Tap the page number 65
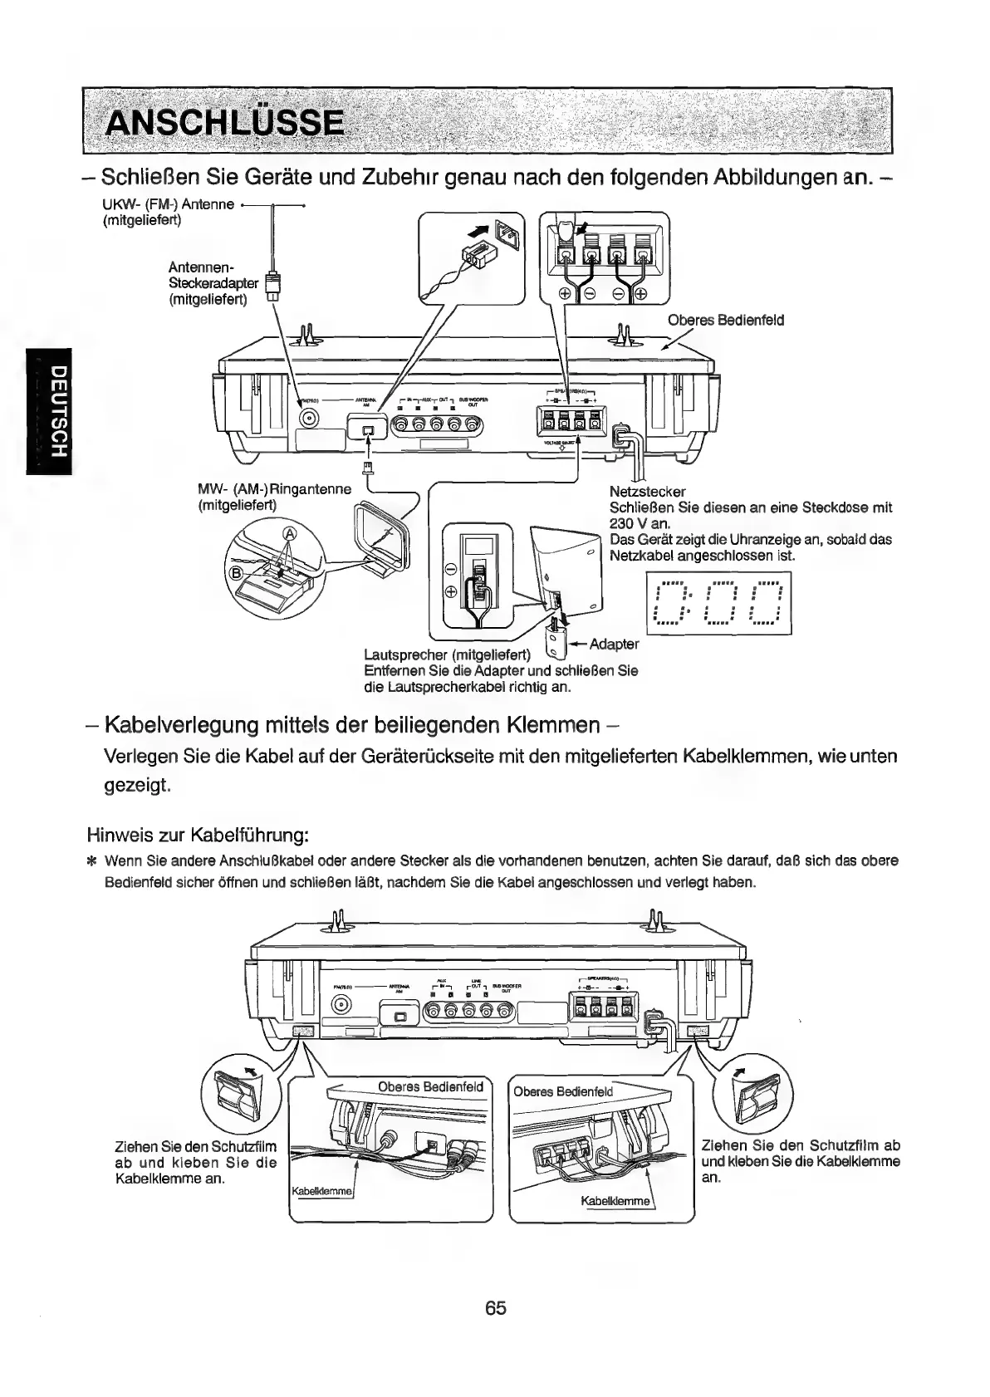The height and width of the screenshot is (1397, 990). coord(496,1307)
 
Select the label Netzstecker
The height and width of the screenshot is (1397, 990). coord(647,492)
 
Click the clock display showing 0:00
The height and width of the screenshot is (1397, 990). coord(718,605)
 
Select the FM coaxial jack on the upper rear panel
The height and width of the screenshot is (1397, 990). coord(311,419)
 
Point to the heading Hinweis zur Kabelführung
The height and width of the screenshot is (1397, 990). coord(198,834)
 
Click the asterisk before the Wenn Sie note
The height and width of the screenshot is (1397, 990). coord(92,860)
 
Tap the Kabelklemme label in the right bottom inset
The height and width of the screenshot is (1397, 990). coord(615,1201)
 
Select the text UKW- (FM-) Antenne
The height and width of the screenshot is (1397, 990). coord(167,204)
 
